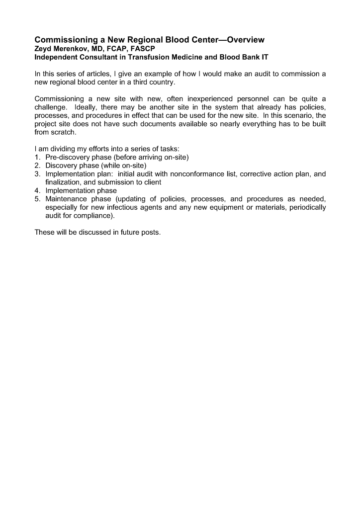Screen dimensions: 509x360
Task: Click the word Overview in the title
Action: [x=242, y=39]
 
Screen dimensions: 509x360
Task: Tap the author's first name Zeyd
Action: [x=43, y=49]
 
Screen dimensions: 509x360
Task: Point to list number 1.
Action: [x=37, y=158]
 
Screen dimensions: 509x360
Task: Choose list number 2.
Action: [x=37, y=166]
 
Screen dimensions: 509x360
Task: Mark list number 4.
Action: [x=37, y=191]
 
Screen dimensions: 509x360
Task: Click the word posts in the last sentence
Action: [x=150, y=232]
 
